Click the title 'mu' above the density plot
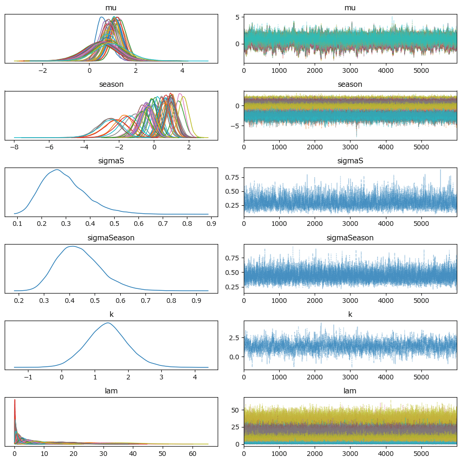(111, 8)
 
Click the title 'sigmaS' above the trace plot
(350, 161)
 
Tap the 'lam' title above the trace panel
(350, 391)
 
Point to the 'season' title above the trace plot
(350, 84)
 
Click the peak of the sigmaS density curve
(57, 170)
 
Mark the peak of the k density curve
(108, 323)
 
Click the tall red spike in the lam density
(15, 400)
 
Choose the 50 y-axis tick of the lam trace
(236, 410)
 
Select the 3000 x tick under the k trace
(351, 376)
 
